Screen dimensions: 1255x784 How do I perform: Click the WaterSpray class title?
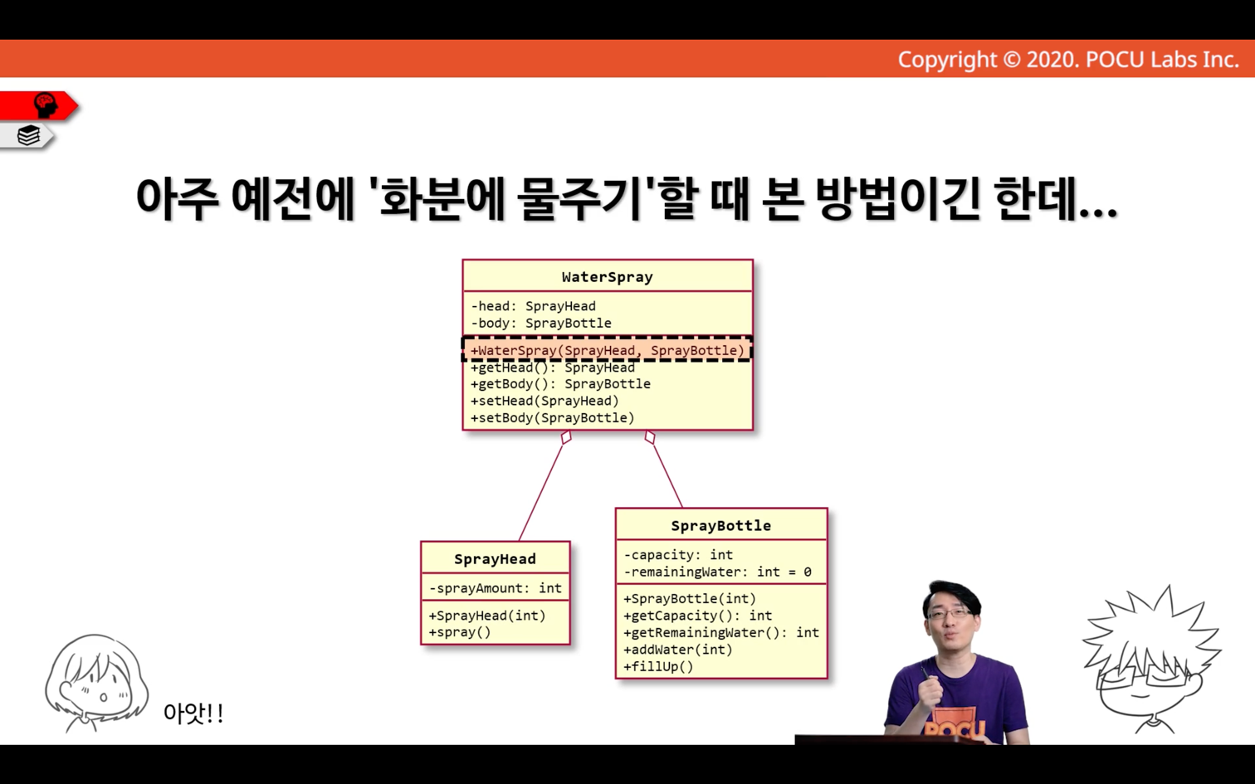[x=608, y=276]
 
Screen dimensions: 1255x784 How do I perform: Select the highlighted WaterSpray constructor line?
[x=608, y=350]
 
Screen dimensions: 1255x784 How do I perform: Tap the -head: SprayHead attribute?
[x=533, y=306]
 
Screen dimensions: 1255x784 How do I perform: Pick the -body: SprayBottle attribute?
[x=540, y=323]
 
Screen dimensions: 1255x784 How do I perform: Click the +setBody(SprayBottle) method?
[x=553, y=418]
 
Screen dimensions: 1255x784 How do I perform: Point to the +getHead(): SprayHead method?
[x=553, y=368]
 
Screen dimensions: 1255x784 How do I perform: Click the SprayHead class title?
[x=495, y=559]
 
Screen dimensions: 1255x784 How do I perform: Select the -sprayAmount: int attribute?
[x=496, y=588]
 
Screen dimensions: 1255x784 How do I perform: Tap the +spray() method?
[x=460, y=632]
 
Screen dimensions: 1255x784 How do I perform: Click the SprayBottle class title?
[x=721, y=526]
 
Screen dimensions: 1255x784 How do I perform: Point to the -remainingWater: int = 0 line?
[x=717, y=572]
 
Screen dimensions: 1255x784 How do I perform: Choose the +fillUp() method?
[x=658, y=666]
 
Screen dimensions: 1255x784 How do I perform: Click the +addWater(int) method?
[x=678, y=650]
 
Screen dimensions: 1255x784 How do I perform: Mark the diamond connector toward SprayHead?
[x=566, y=437]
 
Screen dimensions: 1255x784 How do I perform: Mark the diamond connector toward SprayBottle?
[x=650, y=437]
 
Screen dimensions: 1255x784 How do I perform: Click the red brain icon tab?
[x=38, y=106]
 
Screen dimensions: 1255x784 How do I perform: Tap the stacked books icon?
[x=28, y=135]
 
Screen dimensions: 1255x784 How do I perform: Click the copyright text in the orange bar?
[x=1068, y=60]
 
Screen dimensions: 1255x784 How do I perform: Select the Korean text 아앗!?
[x=193, y=713]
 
